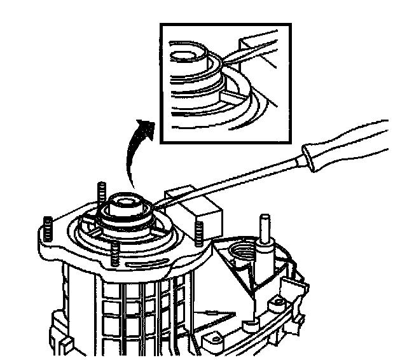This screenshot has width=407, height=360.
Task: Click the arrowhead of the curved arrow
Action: [148, 127]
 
